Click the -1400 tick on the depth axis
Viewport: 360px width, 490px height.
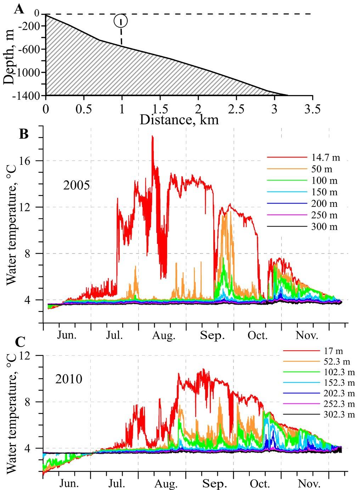coord(31,95)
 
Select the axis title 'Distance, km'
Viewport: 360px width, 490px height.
coord(179,119)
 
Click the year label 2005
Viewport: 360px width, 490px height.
coord(77,185)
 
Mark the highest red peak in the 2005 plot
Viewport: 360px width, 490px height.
coord(152,137)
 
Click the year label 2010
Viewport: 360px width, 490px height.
coord(69,379)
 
